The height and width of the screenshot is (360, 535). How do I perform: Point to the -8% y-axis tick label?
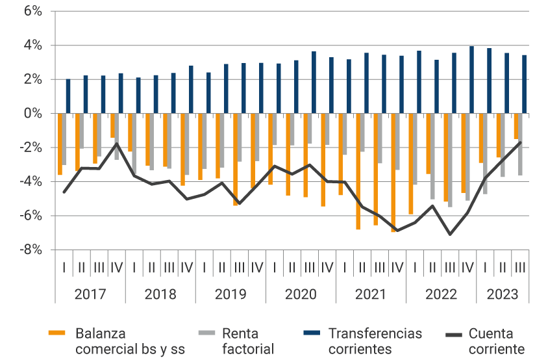click(x=31, y=250)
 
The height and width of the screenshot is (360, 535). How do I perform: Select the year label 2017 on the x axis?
click(x=90, y=294)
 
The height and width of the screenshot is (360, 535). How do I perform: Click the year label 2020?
click(x=301, y=294)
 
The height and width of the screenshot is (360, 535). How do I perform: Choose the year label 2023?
click(x=503, y=294)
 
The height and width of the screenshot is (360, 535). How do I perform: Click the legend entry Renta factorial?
click(x=248, y=341)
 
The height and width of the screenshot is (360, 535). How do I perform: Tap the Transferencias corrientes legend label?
click(x=375, y=341)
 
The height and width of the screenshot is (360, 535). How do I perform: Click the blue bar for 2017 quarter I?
click(x=68, y=96)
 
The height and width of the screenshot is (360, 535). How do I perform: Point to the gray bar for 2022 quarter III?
click(x=449, y=160)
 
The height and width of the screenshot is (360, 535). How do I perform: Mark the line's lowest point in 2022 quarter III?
click(x=450, y=234)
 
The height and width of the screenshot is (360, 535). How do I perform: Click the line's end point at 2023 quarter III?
click(x=520, y=142)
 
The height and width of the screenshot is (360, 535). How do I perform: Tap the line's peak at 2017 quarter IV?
click(x=117, y=144)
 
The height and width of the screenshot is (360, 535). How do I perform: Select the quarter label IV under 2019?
click(x=256, y=266)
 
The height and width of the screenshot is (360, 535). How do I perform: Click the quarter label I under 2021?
click(x=345, y=266)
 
